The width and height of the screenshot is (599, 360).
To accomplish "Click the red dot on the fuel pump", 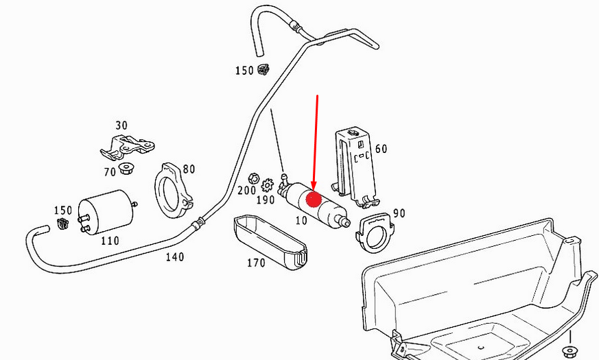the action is coord(314,200).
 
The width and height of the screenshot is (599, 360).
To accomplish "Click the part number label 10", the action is coord(301,220).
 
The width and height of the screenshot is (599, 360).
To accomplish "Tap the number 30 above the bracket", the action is coord(121,125).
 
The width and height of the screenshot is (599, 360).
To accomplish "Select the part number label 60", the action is coord(381,149).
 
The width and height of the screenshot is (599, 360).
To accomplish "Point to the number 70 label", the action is coord(110,172).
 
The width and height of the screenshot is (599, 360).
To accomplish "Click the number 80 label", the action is coord(189,169).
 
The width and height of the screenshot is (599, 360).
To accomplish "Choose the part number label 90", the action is coord(399,213).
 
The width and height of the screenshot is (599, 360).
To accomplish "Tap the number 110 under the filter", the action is coord(110,241).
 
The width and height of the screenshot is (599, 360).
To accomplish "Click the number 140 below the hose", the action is coord(174,257).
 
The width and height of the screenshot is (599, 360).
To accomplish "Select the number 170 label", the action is coord(256,263).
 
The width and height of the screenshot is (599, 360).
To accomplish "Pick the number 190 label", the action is coord(266,200).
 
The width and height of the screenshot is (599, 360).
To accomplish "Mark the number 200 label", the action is coord(246,190).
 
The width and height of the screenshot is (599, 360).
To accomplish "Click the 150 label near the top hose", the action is coord(244,71).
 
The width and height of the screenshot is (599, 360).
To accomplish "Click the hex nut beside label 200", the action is coord(253,178).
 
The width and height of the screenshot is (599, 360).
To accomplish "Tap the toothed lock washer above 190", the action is coord(268,185).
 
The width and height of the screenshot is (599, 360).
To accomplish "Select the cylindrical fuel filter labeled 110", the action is coord(107,213).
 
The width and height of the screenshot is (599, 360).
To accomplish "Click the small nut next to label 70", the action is coord(125,169).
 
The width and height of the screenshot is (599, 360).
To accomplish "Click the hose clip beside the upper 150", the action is coord(263,69).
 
